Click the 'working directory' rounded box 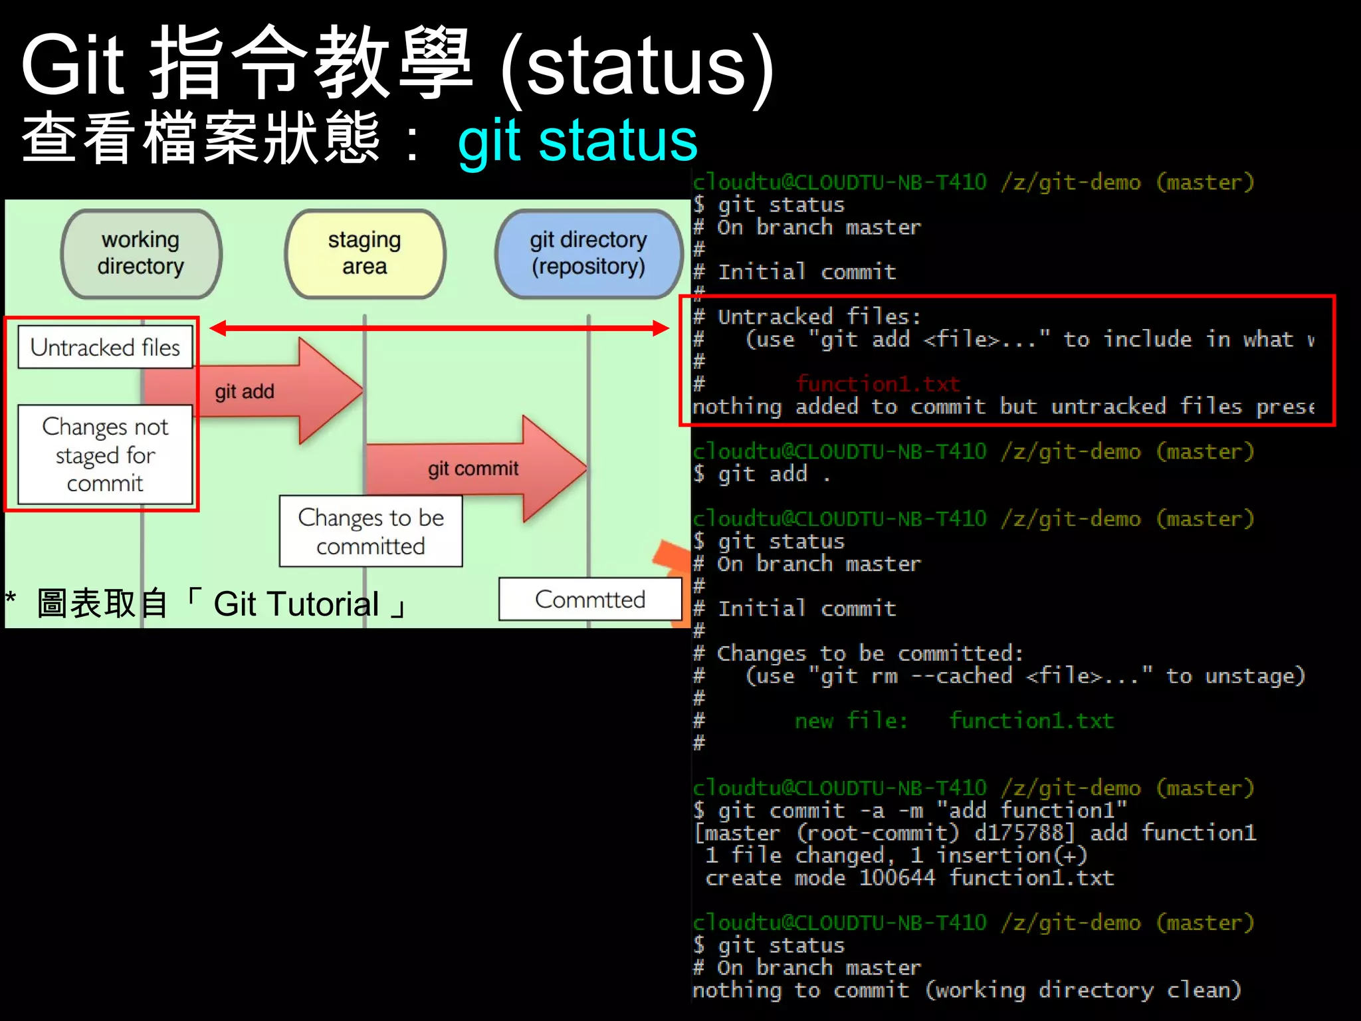click(x=141, y=253)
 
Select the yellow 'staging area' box click(x=365, y=253)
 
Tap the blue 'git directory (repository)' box click(x=588, y=253)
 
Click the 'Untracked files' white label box click(x=105, y=347)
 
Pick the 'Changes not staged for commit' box click(x=105, y=455)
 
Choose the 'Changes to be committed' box click(x=370, y=531)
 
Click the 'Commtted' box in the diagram click(x=589, y=600)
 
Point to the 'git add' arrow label click(x=245, y=392)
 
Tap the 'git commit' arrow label click(x=472, y=469)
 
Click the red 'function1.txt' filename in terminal click(x=878, y=384)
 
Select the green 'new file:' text click(x=851, y=721)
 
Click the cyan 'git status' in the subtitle click(x=577, y=141)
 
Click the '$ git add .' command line click(x=762, y=474)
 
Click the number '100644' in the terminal click(x=897, y=877)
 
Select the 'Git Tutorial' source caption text click(x=296, y=604)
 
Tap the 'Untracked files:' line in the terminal click(x=819, y=316)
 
